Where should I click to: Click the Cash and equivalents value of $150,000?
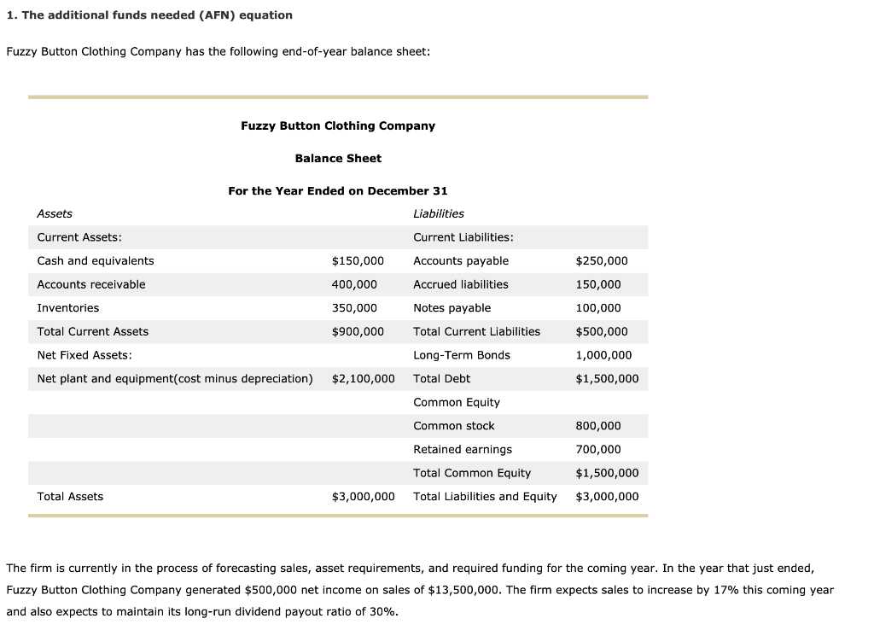click(358, 260)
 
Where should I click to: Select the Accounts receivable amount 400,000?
click(354, 284)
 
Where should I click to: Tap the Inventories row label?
click(68, 307)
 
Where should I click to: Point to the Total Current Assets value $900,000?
click(358, 331)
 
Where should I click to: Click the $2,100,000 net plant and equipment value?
click(363, 378)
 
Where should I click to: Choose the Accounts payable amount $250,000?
click(602, 260)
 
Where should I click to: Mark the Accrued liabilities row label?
click(460, 284)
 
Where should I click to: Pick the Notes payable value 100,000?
click(598, 307)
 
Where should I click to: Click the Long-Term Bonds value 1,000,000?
click(604, 355)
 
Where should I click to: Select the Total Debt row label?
click(441, 378)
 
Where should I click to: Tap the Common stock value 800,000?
click(598, 425)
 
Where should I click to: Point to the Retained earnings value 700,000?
click(598, 449)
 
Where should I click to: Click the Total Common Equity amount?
click(607, 473)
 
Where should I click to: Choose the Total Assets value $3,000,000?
click(363, 496)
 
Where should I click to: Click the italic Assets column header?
click(55, 213)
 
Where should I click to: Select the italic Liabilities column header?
click(439, 213)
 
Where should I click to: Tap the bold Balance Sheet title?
click(338, 158)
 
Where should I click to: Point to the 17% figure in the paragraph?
click(699, 590)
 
